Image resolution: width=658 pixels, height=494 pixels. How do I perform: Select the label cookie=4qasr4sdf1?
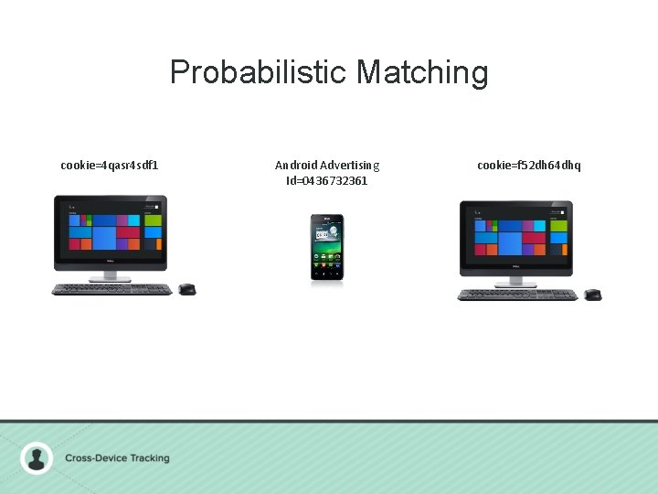pyautogui.click(x=110, y=166)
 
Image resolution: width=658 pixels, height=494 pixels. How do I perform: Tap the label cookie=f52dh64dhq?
pyautogui.click(x=528, y=166)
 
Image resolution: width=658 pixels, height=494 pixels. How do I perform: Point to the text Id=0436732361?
pyautogui.click(x=327, y=180)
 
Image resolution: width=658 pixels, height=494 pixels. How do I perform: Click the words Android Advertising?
pyautogui.click(x=327, y=166)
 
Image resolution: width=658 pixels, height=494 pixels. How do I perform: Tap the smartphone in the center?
pyautogui.click(x=327, y=247)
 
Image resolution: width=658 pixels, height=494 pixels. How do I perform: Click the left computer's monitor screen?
pyautogui.click(x=110, y=231)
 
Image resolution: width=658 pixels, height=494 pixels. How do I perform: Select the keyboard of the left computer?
pyautogui.click(x=111, y=289)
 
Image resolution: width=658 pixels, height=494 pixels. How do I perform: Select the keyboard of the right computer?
pyautogui.click(x=517, y=295)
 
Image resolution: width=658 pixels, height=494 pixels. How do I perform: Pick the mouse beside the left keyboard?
pyautogui.click(x=186, y=289)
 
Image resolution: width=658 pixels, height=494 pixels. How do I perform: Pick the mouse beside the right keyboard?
pyautogui.click(x=592, y=294)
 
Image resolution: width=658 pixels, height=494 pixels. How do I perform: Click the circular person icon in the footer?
pyautogui.click(x=37, y=457)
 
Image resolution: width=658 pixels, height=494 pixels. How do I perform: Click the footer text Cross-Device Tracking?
pyautogui.click(x=117, y=458)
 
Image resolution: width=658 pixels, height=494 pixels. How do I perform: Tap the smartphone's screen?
pyautogui.click(x=327, y=243)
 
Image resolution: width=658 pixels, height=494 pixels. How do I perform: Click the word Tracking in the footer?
pyautogui.click(x=147, y=458)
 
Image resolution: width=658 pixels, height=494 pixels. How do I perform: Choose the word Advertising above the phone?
pyautogui.click(x=349, y=166)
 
